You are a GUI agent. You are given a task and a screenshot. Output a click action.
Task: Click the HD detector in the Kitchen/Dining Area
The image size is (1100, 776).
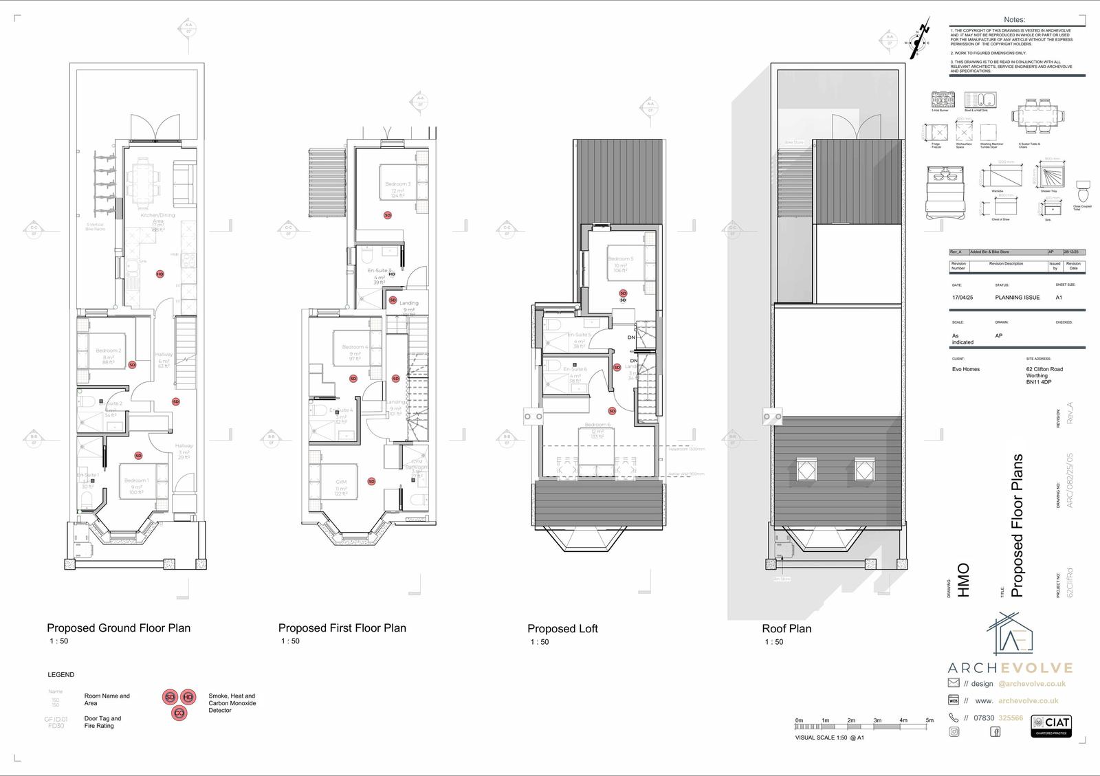coord(160,274)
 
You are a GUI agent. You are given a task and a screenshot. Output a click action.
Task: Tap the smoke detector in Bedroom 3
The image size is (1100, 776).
coord(388,215)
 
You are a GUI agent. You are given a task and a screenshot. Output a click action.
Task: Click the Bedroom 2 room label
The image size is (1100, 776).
coord(108,351)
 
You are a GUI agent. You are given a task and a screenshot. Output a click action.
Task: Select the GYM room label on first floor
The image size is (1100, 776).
coord(341,483)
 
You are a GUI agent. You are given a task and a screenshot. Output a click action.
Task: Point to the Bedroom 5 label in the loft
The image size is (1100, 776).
coord(620,259)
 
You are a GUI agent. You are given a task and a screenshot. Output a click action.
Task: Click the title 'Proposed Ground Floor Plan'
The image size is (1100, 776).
coord(118,628)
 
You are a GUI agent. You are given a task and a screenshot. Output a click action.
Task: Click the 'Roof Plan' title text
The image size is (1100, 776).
coord(786,628)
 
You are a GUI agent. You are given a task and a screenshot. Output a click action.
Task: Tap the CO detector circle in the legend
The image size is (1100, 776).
coord(179,713)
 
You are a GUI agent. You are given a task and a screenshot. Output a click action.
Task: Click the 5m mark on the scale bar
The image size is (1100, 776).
coord(929,720)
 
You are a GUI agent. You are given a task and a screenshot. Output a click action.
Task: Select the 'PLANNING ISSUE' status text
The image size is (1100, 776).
coord(1017,298)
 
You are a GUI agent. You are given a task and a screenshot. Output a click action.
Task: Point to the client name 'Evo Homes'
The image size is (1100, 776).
coord(966,369)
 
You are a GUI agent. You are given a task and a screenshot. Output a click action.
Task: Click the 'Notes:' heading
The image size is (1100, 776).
coord(1014,20)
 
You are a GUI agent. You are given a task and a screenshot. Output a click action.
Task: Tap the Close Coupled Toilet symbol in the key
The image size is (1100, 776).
coord(1083,188)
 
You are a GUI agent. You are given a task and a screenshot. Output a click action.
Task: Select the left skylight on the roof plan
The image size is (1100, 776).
coord(804,469)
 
